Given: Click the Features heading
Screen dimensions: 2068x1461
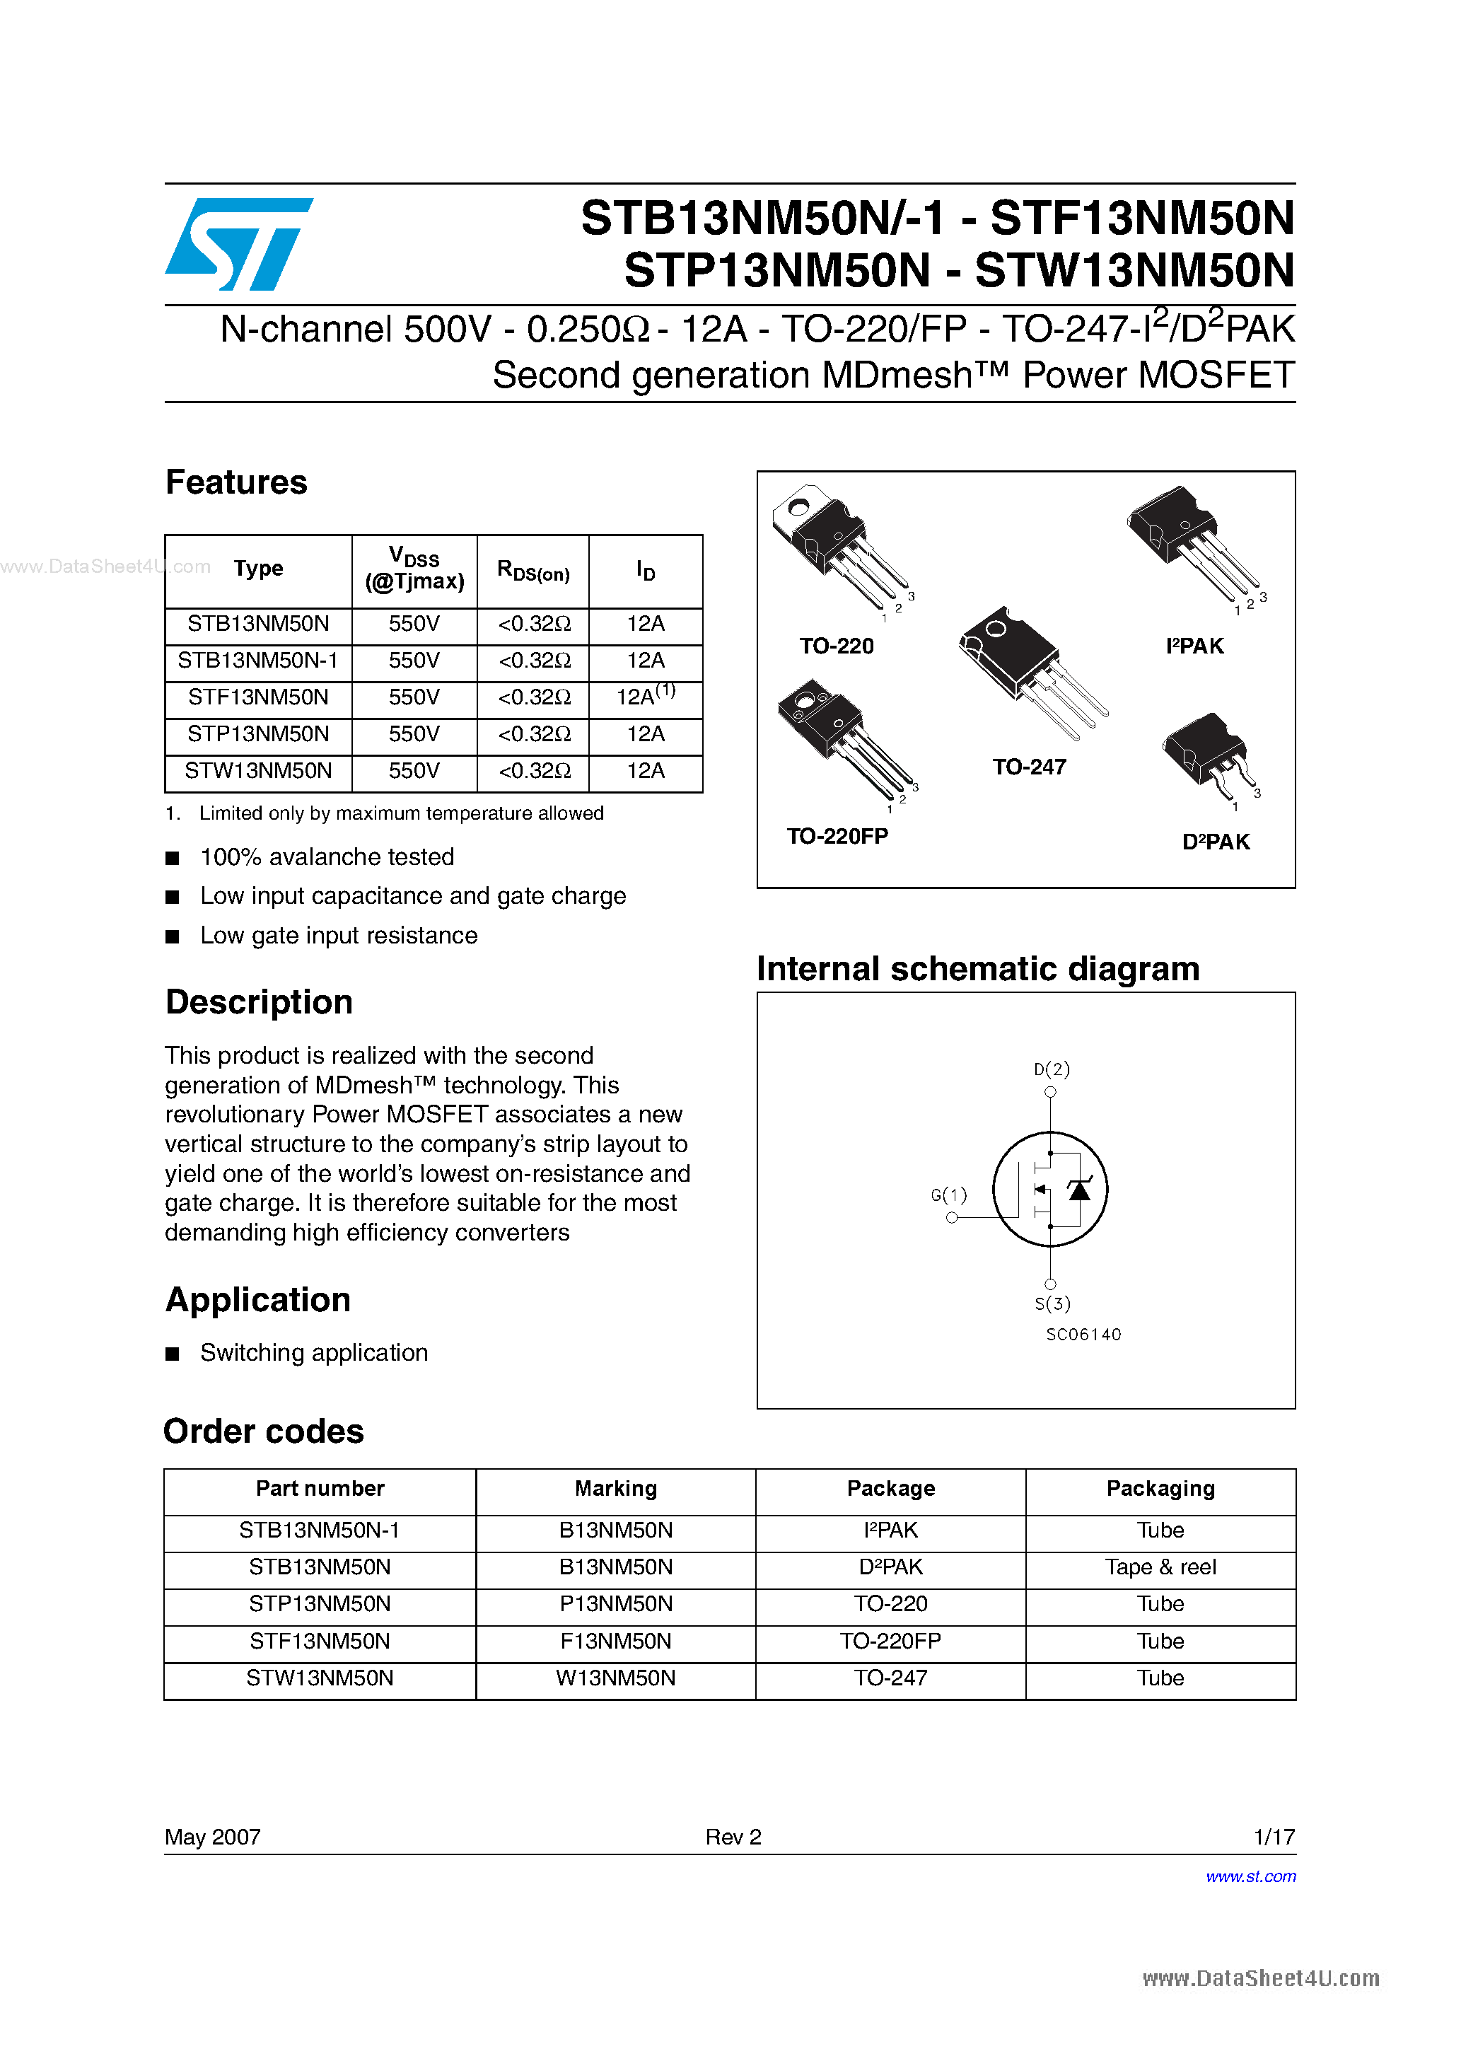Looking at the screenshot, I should [236, 483].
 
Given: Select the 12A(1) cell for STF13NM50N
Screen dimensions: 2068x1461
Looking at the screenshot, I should [645, 696].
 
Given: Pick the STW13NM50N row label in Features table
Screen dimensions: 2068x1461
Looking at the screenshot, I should [259, 771].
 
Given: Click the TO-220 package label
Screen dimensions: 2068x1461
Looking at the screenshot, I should [836, 646].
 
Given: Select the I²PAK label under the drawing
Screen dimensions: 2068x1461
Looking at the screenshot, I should [1194, 646].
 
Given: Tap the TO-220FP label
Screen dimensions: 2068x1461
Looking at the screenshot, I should [837, 836].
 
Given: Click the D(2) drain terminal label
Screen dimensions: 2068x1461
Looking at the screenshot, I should [1051, 1069].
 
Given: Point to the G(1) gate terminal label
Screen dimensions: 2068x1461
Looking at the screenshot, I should [948, 1195].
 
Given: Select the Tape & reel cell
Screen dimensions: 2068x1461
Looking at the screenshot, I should [1160, 1567].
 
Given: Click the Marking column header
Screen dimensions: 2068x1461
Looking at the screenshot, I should [615, 1489].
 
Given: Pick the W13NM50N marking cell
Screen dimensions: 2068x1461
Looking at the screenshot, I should [615, 1678].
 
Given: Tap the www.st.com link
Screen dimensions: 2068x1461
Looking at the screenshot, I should [1250, 1876].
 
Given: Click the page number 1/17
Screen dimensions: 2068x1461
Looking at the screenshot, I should [1274, 1837].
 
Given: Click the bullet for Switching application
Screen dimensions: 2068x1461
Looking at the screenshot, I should [173, 1354].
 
